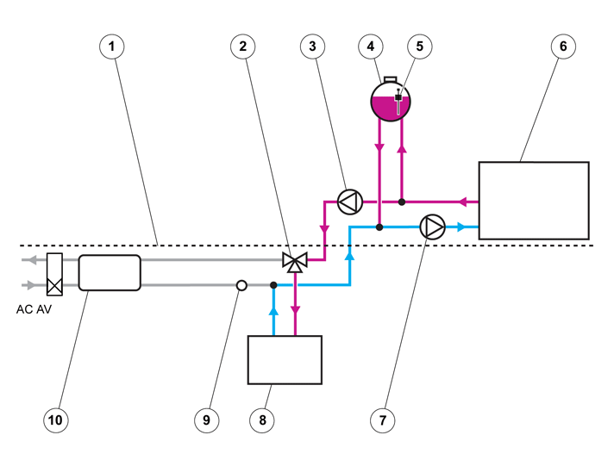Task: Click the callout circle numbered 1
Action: pyautogui.click(x=112, y=47)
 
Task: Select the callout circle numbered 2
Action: pyautogui.click(x=243, y=47)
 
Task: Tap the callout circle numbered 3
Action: pyautogui.click(x=312, y=47)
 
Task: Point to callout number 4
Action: pyautogui.click(x=371, y=47)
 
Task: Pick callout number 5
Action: pyautogui.click(x=420, y=47)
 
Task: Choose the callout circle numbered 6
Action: pyautogui.click(x=563, y=47)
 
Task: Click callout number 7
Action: pyautogui.click(x=383, y=420)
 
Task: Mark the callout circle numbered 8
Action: pyautogui.click(x=262, y=420)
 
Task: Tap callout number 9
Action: pyautogui.click(x=207, y=420)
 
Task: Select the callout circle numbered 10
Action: pyautogui.click(x=55, y=420)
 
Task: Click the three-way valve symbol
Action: pyautogui.click(x=295, y=262)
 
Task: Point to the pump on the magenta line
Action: pyautogui.click(x=350, y=202)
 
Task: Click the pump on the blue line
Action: pyautogui.click(x=432, y=227)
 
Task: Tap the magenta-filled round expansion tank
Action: pyautogui.click(x=391, y=101)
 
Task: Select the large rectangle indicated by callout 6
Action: pyautogui.click(x=534, y=201)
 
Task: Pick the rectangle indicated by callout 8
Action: pyautogui.click(x=285, y=360)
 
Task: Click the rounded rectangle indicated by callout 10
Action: pyautogui.click(x=110, y=272)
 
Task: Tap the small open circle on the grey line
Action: pyautogui.click(x=242, y=285)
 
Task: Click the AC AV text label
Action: pyautogui.click(x=34, y=309)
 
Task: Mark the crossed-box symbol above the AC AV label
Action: pyautogui.click(x=54, y=274)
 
